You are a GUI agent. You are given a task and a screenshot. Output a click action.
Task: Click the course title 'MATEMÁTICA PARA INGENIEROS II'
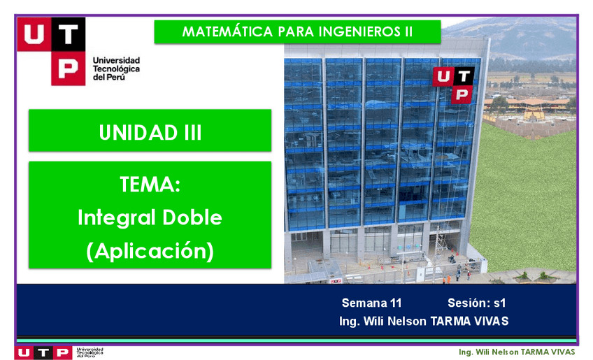point(297,32)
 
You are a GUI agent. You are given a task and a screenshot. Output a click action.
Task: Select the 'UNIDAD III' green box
point(150,131)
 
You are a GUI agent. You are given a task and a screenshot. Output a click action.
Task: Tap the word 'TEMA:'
point(150,185)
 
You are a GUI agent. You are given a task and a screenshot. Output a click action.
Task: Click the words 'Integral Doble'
point(150,217)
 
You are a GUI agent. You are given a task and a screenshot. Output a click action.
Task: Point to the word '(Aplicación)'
point(150,250)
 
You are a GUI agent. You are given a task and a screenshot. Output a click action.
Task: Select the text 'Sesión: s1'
point(476,303)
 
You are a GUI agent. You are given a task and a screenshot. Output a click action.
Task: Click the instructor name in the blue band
point(423,322)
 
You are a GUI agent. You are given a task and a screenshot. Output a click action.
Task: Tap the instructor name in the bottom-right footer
point(516,352)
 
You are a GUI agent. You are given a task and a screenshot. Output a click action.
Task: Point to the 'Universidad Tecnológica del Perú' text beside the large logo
point(116,69)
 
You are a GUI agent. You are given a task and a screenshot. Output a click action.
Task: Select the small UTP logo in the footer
point(43,352)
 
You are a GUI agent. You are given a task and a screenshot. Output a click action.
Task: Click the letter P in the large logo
point(68,69)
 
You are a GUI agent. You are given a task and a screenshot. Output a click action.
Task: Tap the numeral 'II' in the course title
point(408,32)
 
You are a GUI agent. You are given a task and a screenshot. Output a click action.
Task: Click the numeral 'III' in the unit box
point(188,131)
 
